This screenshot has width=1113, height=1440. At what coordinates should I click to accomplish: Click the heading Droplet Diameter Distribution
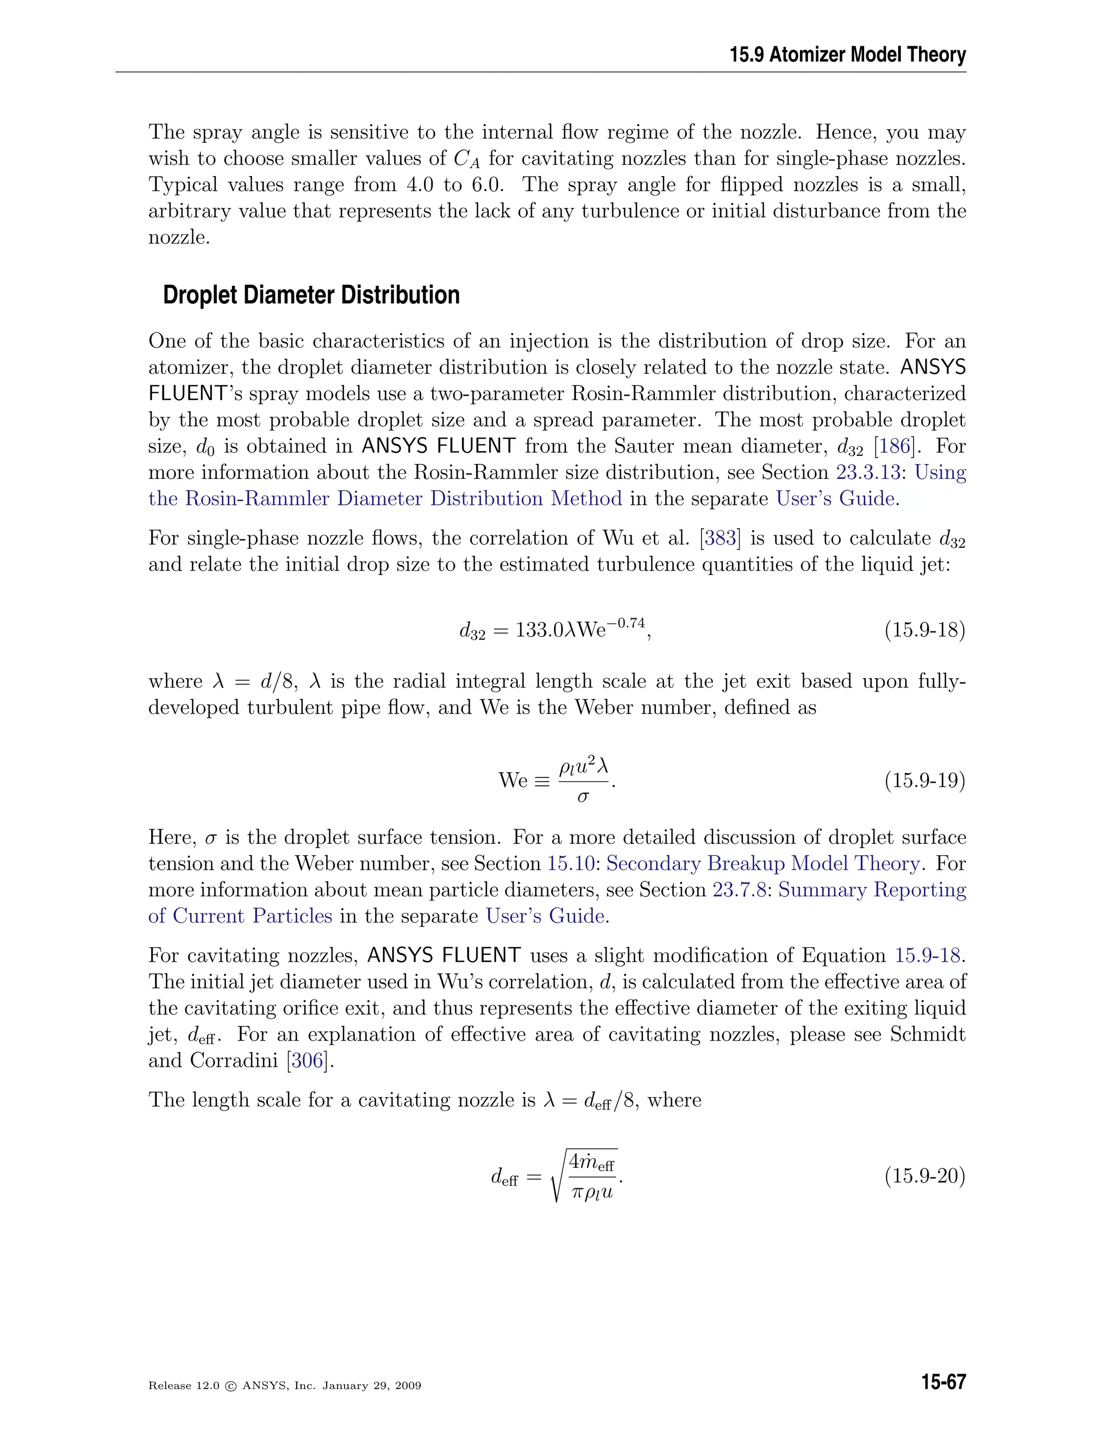tap(311, 295)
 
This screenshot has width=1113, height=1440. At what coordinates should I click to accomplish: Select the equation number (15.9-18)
tap(924, 630)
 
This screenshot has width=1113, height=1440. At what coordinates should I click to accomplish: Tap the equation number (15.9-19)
tap(924, 781)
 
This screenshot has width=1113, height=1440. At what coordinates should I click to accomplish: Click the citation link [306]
tap(307, 1060)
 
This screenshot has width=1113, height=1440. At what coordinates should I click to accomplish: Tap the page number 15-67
tap(943, 1381)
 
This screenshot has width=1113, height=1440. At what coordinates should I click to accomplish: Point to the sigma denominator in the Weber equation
tap(583, 797)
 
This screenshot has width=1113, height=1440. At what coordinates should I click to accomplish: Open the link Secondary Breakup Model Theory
tap(763, 864)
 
